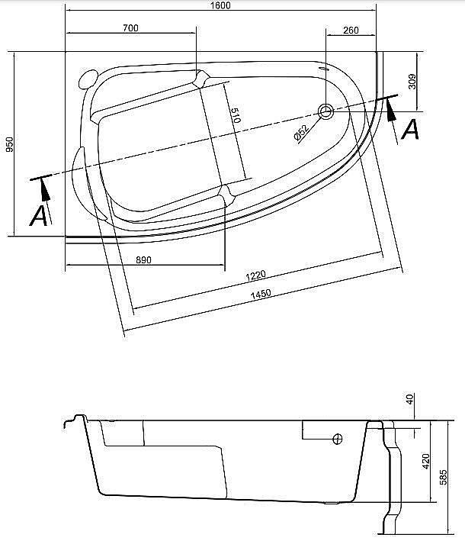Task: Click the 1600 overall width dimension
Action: tap(221, 6)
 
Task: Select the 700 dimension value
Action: tap(130, 28)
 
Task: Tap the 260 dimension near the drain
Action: tap(351, 30)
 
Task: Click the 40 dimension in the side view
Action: tap(410, 400)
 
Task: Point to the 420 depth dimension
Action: tap(426, 460)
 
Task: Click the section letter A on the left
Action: tap(38, 217)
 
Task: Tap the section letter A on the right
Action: tap(410, 130)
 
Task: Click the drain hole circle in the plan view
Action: tap(325, 112)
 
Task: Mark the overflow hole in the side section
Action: tap(338, 439)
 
